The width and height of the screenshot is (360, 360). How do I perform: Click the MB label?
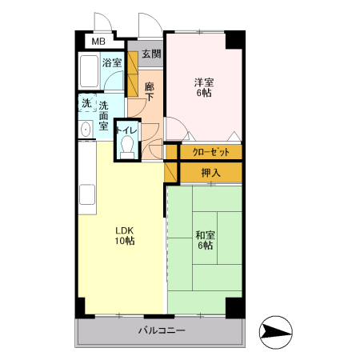pos(98,42)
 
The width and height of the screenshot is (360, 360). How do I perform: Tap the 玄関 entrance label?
pos(151,54)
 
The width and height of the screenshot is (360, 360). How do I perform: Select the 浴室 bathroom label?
pos(112,63)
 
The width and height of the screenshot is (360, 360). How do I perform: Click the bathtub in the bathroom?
pos(89,71)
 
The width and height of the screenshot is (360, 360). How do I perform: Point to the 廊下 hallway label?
pos(150,92)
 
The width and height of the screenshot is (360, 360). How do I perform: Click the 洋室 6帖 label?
pos(204,87)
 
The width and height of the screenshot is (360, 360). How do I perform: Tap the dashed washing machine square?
pos(87,102)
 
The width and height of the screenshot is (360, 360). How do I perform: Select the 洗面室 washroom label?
pos(103,116)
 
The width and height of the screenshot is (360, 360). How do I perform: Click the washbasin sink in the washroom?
pos(86,130)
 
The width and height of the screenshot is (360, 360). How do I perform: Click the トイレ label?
pos(126,130)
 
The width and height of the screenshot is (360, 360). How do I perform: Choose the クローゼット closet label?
pos(211,152)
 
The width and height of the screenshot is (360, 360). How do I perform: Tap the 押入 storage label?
pos(211,173)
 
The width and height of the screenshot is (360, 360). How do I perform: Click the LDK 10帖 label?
pos(125,235)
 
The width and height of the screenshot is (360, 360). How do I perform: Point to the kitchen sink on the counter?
pos(87,194)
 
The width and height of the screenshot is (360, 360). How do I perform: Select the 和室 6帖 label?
pos(205,240)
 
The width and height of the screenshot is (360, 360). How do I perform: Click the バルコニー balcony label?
pos(162,330)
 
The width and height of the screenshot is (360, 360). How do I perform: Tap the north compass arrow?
pos(276,332)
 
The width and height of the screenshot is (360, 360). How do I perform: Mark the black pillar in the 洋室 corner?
pos(235,40)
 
